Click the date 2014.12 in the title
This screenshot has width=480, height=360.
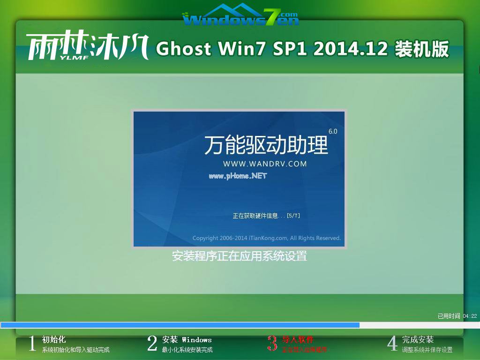click(x=351, y=49)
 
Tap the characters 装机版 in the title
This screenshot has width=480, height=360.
click(x=422, y=49)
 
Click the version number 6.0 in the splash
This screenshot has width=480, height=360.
click(x=333, y=132)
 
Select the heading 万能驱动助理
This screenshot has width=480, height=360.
click(x=266, y=146)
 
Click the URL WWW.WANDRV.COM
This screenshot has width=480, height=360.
click(x=265, y=164)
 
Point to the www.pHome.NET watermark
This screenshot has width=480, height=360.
click(x=237, y=176)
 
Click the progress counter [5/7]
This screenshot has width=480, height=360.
click(x=293, y=216)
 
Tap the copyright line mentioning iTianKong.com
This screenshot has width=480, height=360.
click(x=266, y=238)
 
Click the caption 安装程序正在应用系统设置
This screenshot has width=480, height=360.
click(x=240, y=256)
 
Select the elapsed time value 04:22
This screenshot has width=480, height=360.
click(x=470, y=316)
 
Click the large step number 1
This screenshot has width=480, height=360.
click(x=32, y=344)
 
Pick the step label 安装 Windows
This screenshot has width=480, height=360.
click(x=187, y=339)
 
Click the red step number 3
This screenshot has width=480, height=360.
click(x=272, y=344)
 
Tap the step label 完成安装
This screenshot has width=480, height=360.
click(x=418, y=339)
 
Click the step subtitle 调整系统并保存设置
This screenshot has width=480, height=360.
click(x=427, y=350)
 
